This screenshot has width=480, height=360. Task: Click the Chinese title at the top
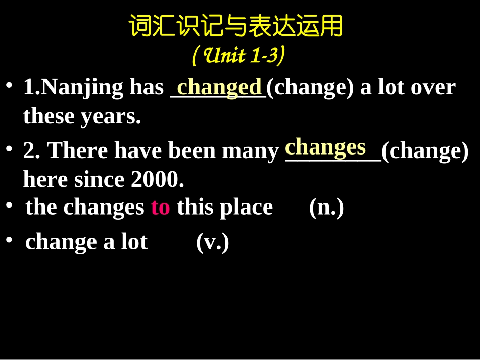235,26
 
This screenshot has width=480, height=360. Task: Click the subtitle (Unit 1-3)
238,56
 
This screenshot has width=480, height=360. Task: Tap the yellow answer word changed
219,87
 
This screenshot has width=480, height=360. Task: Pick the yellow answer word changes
325,147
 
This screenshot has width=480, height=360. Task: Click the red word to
160,207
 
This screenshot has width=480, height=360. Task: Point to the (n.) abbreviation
326,207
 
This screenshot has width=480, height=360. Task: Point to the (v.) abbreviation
212,242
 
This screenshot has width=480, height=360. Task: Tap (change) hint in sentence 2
425,151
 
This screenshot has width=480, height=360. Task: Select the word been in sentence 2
192,151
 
